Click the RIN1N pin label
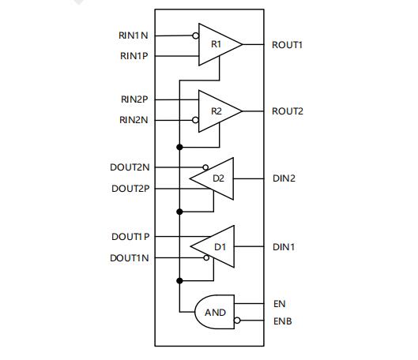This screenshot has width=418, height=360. coord(134,36)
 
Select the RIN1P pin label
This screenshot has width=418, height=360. coord(134,56)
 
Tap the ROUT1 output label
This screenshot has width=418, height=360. coord(287,45)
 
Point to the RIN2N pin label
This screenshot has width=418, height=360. coord(134,120)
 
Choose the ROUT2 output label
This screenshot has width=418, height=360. coord(288,111)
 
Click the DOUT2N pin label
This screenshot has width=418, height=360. coord(130,167)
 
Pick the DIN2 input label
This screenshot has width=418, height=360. coord(284,178)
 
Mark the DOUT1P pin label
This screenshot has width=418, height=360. coord(130,237)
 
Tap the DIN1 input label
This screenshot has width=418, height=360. coord(284,247)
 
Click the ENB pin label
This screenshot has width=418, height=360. coord(283,321)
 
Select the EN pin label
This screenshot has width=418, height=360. coord(280,303)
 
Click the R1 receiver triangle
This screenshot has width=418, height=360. coord(220,44)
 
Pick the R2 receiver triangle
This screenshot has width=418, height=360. coord(220,111)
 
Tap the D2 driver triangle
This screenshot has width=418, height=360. coord(212,178)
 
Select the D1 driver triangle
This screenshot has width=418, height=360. coord(213,246)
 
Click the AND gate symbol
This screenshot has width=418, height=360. coord(215,312)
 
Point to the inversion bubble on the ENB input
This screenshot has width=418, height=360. coord(237,321)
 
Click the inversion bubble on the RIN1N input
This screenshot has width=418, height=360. coord(196,36)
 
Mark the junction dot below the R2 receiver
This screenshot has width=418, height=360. coord(179,147)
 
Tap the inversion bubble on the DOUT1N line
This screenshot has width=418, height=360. coord(206,257)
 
